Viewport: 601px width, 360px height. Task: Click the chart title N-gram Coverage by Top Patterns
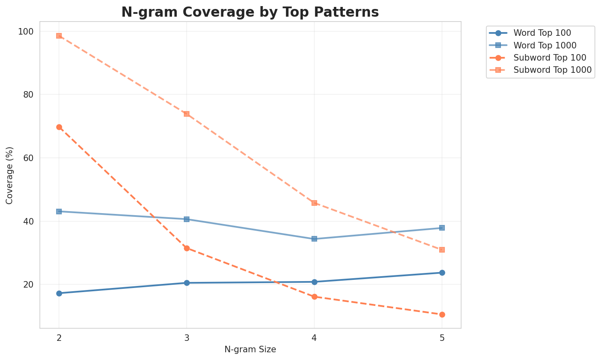(250, 12)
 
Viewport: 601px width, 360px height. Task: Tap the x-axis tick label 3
(187, 338)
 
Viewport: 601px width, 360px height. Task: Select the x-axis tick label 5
(442, 338)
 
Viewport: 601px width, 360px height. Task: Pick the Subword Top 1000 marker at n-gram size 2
(59, 36)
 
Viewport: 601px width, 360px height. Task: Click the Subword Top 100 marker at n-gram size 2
(59, 127)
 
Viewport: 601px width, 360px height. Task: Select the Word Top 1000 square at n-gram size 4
(314, 239)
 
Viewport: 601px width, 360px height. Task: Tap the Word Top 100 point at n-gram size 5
(442, 273)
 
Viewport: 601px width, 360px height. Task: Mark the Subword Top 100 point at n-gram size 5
(442, 314)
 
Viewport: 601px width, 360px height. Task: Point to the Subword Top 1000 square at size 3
(187, 114)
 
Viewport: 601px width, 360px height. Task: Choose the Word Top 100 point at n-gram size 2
(59, 293)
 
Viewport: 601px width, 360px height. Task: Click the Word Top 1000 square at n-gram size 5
(442, 228)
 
